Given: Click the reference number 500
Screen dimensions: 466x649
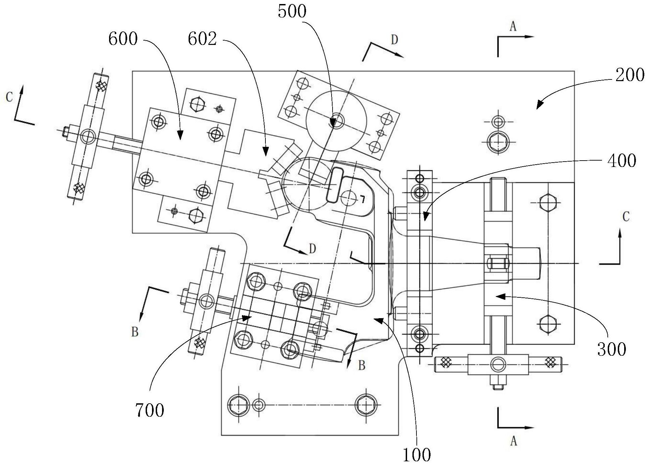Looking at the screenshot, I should click(292, 12).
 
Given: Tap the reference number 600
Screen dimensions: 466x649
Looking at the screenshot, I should click(123, 39).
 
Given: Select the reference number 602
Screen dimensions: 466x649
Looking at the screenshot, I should click(202, 39).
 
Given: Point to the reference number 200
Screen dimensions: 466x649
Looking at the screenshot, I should click(630, 75).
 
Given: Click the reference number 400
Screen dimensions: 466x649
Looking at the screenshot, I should click(621, 161).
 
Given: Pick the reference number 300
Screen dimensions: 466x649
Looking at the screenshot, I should click(611, 349).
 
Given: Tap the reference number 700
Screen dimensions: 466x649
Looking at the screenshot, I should click(150, 410).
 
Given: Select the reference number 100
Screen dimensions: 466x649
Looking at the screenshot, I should click(416, 455).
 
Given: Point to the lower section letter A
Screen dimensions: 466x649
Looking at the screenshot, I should click(513, 442).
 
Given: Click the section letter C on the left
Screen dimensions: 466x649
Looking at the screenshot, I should click(9, 97).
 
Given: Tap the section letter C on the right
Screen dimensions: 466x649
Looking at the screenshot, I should click(626, 217).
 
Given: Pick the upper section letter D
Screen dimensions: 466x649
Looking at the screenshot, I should click(394, 40).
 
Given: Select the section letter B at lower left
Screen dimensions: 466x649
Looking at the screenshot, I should click(135, 332).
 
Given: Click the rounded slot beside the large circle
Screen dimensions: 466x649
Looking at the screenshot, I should click(334, 185).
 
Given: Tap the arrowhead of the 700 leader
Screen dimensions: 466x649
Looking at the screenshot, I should click(251, 316).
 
